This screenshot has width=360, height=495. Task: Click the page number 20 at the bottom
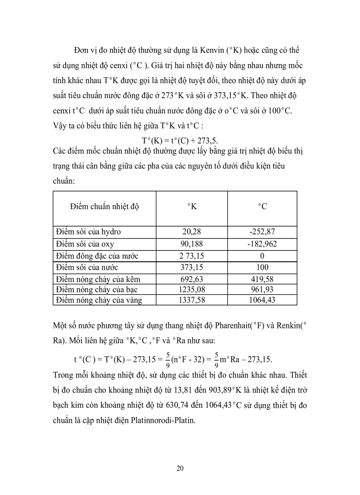pyautogui.click(x=180, y=468)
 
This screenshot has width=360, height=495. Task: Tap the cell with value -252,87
pyautogui.click(x=262, y=232)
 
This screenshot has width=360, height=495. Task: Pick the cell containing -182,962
pyautogui.click(x=262, y=244)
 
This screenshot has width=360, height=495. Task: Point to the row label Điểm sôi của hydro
pyautogui.click(x=88, y=232)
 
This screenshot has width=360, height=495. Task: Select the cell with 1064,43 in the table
pyautogui.click(x=262, y=300)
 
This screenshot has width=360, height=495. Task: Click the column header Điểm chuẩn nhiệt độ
pyautogui.click(x=106, y=206)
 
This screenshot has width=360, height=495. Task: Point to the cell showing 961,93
pyautogui.click(x=262, y=289)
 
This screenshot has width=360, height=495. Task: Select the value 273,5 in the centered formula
pyautogui.click(x=207, y=140)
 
